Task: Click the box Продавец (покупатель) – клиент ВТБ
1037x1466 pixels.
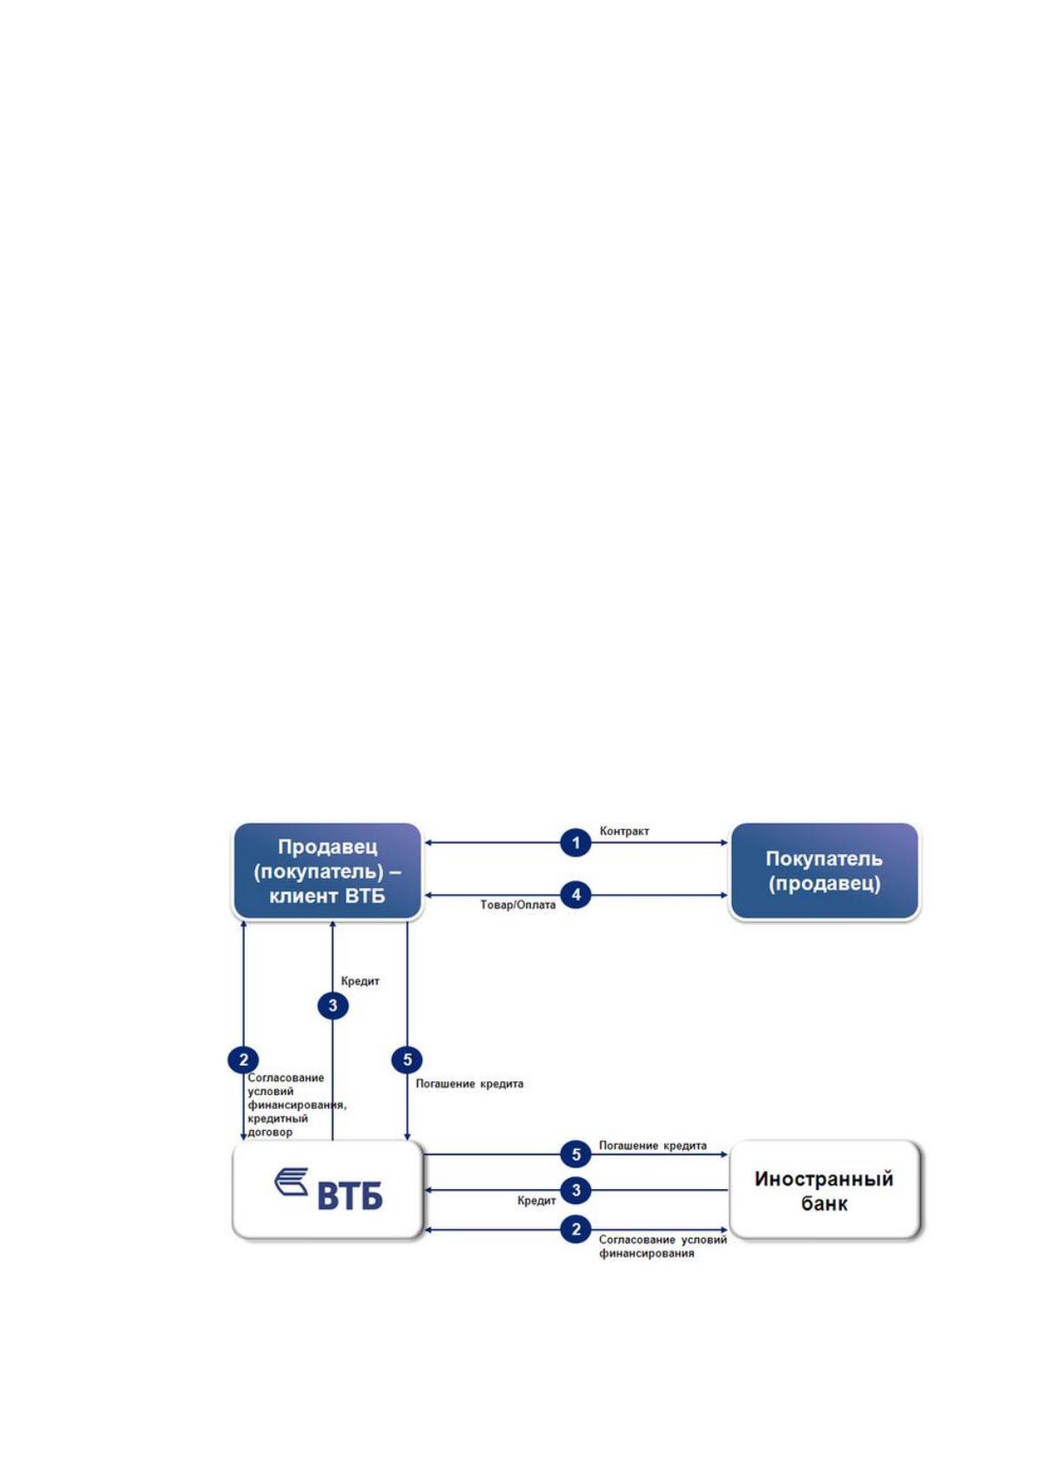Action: [327, 871]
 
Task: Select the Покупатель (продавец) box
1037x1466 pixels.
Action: [824, 871]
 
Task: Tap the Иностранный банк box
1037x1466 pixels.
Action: [824, 1190]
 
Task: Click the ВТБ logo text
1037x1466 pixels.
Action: [350, 1196]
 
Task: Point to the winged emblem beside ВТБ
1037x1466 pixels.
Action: [292, 1181]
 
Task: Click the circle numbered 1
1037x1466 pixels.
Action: [576, 843]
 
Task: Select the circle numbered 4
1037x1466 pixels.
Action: [576, 895]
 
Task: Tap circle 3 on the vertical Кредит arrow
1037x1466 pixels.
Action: [333, 1005]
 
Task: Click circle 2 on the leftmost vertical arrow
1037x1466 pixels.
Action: [243, 1059]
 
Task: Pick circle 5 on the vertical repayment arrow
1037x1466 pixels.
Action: [407, 1059]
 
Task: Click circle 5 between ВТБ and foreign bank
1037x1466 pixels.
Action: [576, 1154]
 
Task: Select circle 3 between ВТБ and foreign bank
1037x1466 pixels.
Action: [576, 1190]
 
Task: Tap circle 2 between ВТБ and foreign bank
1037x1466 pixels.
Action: [576, 1230]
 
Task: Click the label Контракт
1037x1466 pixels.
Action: [624, 831]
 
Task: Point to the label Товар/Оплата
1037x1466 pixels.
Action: [518, 905]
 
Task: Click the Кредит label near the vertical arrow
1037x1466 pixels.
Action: [360, 981]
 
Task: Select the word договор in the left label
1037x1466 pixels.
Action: [270, 1133]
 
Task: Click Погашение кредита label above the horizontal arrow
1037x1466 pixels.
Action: [653, 1146]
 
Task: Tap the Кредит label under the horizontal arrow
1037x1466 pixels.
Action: [536, 1201]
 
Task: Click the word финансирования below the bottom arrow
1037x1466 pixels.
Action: [646, 1254]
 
